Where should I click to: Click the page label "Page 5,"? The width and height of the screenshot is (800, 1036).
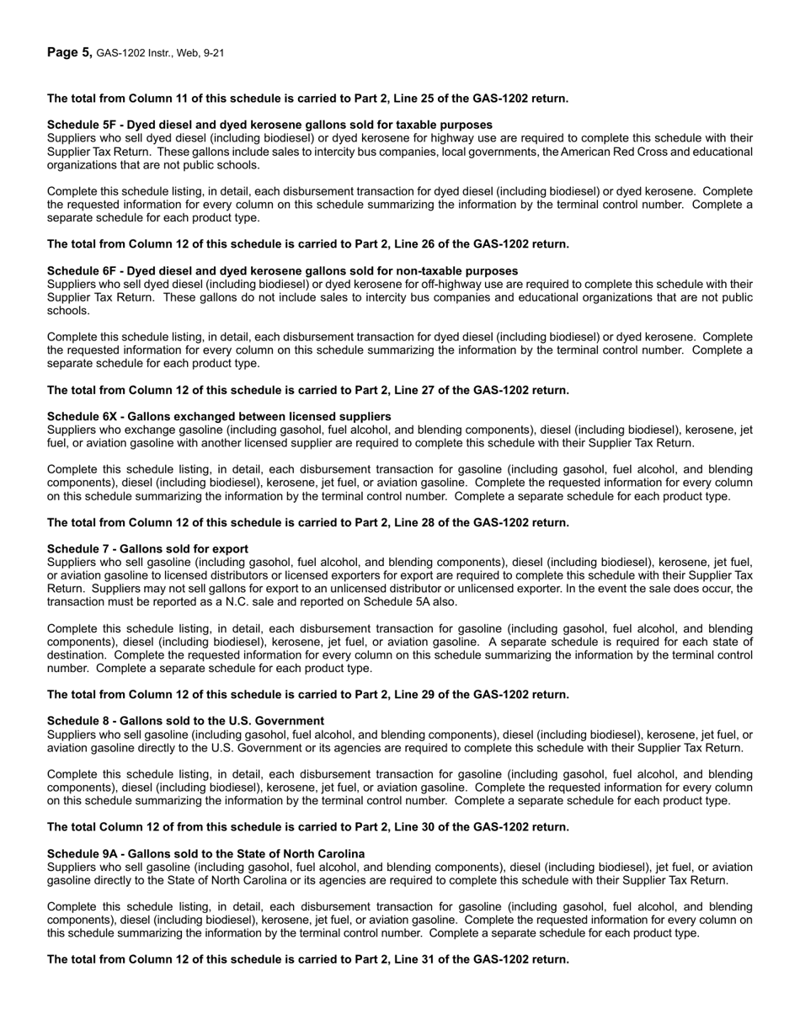point(70,53)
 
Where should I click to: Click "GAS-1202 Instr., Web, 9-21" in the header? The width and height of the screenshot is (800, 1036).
point(160,54)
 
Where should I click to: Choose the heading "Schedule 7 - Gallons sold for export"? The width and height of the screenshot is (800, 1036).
point(147,549)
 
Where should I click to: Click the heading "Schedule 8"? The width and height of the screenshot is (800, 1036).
point(185,721)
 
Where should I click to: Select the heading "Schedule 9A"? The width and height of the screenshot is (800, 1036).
point(205,853)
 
